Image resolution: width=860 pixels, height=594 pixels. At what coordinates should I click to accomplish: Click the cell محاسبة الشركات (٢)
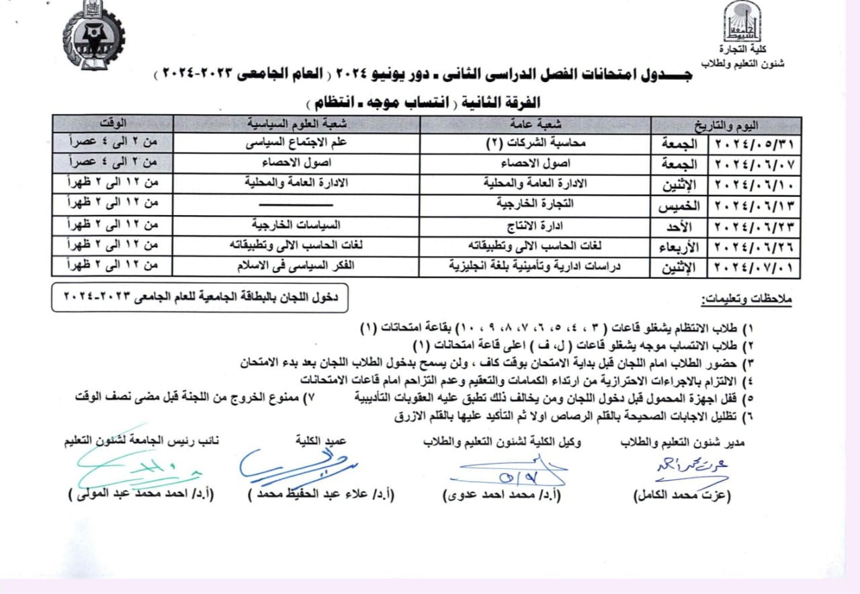tap(535, 144)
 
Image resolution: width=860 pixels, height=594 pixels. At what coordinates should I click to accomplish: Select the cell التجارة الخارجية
tap(535, 204)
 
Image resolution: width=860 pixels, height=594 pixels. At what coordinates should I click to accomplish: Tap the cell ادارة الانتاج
tap(535, 224)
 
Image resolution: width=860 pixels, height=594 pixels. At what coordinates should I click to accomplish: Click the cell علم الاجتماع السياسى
tap(296, 144)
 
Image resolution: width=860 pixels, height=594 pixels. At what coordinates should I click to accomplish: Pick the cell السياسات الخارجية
tap(296, 224)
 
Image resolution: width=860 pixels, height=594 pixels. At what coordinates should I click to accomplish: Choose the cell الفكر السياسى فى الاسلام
tap(296, 265)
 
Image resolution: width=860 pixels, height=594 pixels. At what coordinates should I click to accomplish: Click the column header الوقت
tap(114, 124)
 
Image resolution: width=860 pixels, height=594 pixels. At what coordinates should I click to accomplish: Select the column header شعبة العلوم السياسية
tap(296, 124)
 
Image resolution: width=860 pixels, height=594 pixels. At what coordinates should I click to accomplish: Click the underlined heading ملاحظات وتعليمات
tap(747, 300)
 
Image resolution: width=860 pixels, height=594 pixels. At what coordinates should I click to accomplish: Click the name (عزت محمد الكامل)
tap(682, 495)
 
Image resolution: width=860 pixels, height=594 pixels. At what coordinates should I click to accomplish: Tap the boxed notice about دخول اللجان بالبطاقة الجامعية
tap(200, 296)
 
